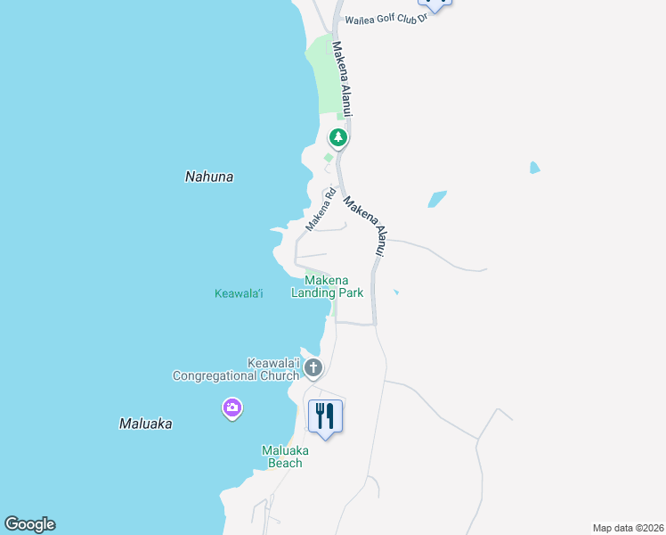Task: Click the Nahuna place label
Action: (x=209, y=177)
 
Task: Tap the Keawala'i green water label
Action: (x=239, y=293)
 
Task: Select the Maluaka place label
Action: (x=145, y=424)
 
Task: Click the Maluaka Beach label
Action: (x=282, y=457)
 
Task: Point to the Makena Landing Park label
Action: (x=327, y=286)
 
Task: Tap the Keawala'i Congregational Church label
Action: (x=236, y=369)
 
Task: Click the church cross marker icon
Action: (x=313, y=367)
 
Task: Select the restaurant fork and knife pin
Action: (x=325, y=416)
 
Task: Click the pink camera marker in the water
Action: (x=232, y=408)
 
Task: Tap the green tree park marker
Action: (x=337, y=137)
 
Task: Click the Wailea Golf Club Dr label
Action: (x=387, y=18)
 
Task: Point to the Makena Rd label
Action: (x=321, y=209)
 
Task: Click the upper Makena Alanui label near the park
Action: (x=344, y=78)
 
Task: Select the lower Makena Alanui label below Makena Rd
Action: (x=367, y=226)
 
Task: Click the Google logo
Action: (x=29, y=524)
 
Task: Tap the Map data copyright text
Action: (x=628, y=528)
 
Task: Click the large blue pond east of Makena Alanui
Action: (x=436, y=199)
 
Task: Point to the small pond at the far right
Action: (x=534, y=167)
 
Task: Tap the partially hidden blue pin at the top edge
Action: (x=435, y=3)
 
